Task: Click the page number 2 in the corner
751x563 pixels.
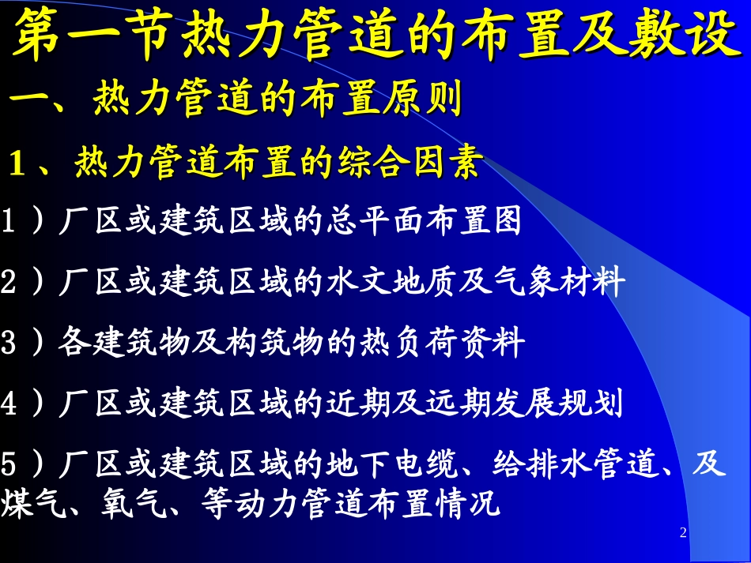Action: coord(684,534)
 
